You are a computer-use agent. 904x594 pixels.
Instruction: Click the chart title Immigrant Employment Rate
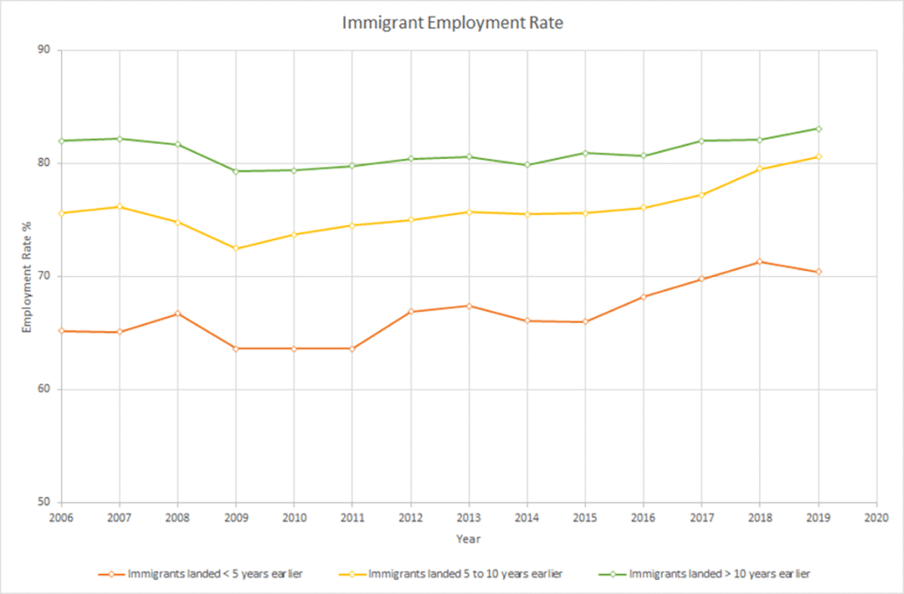tap(452, 24)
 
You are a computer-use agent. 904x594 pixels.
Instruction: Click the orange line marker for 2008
tap(177, 313)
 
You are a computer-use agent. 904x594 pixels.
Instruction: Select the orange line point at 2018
tap(759, 261)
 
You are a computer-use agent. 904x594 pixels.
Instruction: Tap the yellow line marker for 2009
tap(236, 249)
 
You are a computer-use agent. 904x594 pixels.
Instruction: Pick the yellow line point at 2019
tap(818, 156)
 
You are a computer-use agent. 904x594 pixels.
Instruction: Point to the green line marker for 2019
tap(818, 128)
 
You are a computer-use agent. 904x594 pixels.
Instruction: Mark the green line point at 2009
tap(236, 171)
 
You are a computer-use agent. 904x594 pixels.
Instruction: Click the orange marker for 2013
tap(469, 305)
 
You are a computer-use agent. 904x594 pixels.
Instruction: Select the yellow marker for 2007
tap(119, 207)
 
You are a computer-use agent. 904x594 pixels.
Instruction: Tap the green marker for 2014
tap(527, 165)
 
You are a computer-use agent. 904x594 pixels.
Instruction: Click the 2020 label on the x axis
tap(876, 517)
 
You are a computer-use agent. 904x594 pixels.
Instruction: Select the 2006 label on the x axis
tap(61, 517)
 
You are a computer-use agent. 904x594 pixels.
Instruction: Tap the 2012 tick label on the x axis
tap(411, 517)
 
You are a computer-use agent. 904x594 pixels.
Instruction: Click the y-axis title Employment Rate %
tap(26, 276)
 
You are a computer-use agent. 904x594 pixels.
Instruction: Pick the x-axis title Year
tap(468, 538)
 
